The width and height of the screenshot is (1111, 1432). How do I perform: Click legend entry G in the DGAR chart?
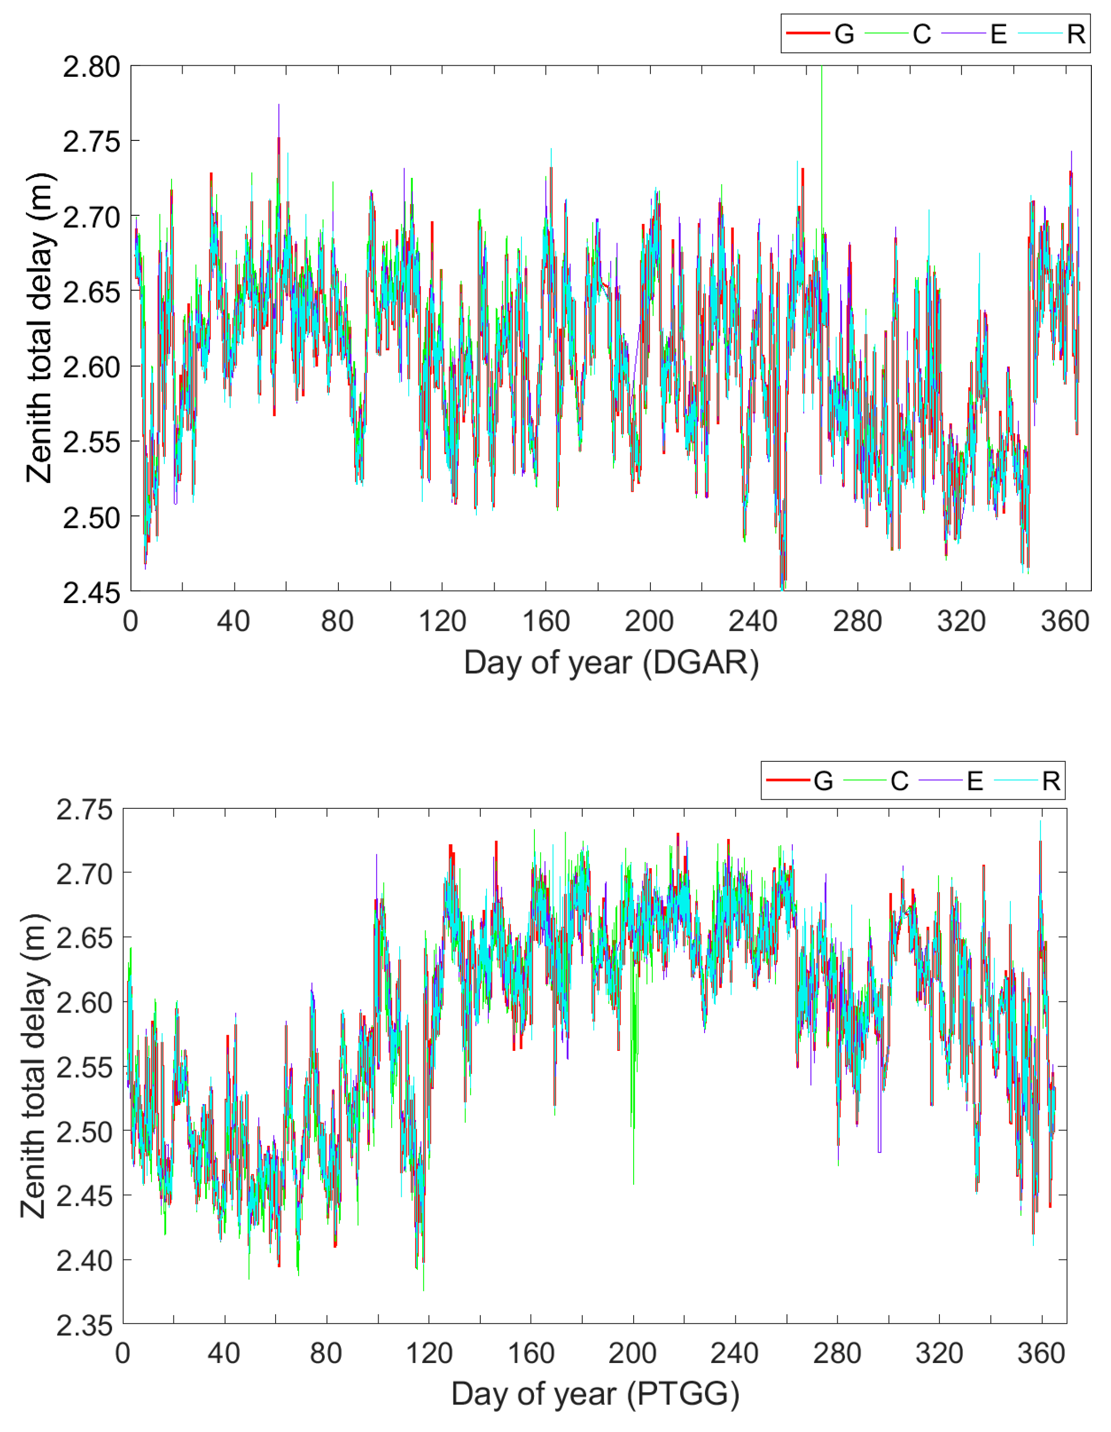point(844,34)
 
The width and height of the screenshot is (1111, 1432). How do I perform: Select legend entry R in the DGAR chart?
point(1075,34)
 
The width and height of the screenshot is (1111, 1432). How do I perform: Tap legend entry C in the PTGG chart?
point(899,780)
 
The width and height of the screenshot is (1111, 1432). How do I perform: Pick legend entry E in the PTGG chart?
point(975,780)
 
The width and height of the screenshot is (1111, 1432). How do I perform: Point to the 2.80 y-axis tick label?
point(91,67)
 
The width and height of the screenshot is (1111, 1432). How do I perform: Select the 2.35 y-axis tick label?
point(84,1325)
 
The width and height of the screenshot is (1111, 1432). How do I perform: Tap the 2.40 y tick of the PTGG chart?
point(84,1261)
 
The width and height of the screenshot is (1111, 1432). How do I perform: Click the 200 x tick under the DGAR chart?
point(649,621)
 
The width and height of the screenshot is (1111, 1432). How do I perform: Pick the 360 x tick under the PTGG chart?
point(1041,1353)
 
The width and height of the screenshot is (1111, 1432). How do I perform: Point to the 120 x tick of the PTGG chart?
point(429,1353)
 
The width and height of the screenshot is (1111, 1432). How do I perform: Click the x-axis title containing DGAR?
point(611,663)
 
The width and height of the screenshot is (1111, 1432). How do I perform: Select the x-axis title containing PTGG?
point(595,1394)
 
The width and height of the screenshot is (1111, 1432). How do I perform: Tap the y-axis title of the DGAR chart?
point(39,328)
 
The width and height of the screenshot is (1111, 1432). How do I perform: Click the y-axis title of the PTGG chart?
point(33,1065)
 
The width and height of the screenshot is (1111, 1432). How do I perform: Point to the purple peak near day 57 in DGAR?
point(278,108)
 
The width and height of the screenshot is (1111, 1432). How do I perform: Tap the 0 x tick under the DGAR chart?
point(130,621)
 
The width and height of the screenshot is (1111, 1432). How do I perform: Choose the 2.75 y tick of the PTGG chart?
point(84,810)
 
